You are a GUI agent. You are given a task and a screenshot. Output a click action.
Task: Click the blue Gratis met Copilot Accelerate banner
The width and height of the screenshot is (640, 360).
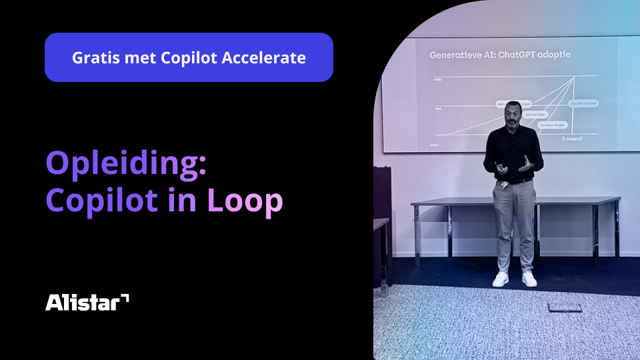(189, 57)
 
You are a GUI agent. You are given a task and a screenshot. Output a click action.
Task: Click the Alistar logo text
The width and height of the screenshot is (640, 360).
(83, 303)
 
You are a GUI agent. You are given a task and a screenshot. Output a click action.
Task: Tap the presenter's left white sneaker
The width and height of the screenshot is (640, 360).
(500, 279)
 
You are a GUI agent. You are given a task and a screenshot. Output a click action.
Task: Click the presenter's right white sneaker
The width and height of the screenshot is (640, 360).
(529, 279)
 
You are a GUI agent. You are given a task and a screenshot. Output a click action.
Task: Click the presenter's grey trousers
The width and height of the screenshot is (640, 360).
(514, 220)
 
